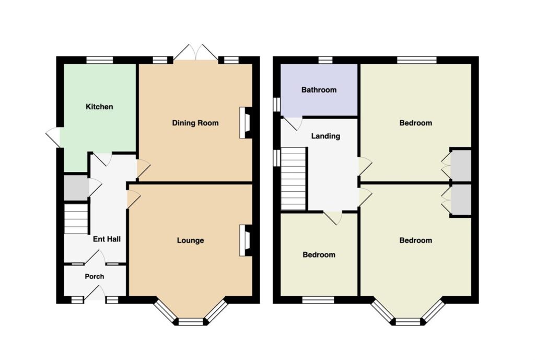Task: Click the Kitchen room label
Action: point(99,107)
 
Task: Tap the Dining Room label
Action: point(195,123)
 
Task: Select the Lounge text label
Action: point(190,240)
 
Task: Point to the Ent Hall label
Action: point(107,239)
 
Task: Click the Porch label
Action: point(95,276)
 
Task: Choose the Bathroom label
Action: point(319,90)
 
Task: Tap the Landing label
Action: point(325,136)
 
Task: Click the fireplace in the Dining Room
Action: point(246,123)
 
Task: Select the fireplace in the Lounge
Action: point(246,240)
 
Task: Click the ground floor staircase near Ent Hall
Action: point(76,219)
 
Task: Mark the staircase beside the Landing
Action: point(293,179)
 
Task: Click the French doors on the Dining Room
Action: point(195,53)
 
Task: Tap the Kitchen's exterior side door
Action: point(54,137)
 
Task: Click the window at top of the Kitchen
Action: point(99,60)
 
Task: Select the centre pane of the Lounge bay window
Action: point(191,322)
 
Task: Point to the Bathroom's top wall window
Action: point(325,60)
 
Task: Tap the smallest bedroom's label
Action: point(319,255)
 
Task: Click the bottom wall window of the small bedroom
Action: point(318,300)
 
